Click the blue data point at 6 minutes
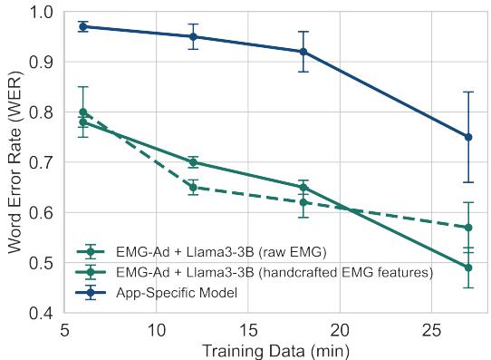pyautogui.click(x=83, y=27)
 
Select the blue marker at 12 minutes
pyautogui.click(x=193, y=37)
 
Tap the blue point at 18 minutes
pyautogui.click(x=303, y=52)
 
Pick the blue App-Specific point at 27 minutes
pyautogui.click(x=468, y=137)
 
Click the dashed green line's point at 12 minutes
pyautogui.click(x=193, y=187)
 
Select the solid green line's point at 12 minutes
pyautogui.click(x=193, y=162)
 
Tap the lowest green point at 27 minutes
pyautogui.click(x=468, y=268)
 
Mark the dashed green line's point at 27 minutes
pyautogui.click(x=468, y=228)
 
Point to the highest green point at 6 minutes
pyautogui.click(x=83, y=112)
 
